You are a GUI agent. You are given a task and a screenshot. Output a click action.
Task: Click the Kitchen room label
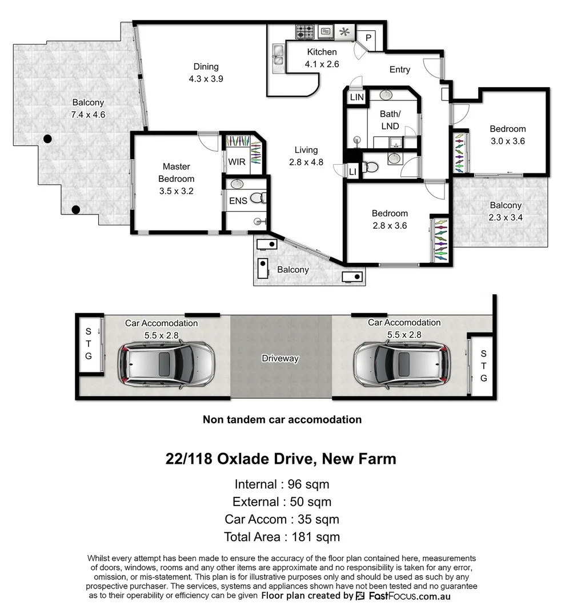point(322,52)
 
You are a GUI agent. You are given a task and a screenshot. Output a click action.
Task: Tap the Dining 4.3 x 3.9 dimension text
point(205,79)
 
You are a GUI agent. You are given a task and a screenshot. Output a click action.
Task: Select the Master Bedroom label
point(177,172)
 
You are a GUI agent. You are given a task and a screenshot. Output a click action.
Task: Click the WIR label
point(237,162)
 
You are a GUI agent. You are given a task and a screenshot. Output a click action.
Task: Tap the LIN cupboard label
point(356,98)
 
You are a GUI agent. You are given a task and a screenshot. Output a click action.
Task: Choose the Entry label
point(399,70)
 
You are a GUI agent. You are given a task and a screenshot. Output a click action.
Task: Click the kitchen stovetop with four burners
point(303,31)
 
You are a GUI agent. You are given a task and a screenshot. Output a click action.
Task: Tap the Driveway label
point(280,359)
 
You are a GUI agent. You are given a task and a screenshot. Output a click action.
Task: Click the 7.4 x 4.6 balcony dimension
point(88,115)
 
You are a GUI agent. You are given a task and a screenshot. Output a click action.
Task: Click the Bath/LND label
point(390,120)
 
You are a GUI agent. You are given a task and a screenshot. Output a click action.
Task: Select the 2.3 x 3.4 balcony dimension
point(505,217)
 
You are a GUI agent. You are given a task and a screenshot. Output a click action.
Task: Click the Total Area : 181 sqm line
point(282,537)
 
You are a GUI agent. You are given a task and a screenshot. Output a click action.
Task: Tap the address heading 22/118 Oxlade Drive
point(281,459)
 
